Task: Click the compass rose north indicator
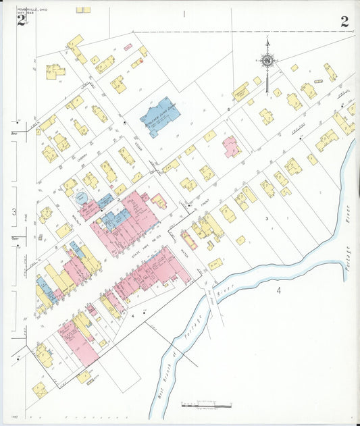click(x=267, y=60)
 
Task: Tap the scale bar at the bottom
click(x=206, y=405)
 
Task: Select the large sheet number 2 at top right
click(x=344, y=21)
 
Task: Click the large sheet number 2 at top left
click(x=22, y=21)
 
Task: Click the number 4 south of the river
click(x=278, y=290)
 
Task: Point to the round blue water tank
click(x=81, y=198)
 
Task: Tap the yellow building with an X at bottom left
click(x=40, y=390)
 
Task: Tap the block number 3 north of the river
click(x=267, y=218)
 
